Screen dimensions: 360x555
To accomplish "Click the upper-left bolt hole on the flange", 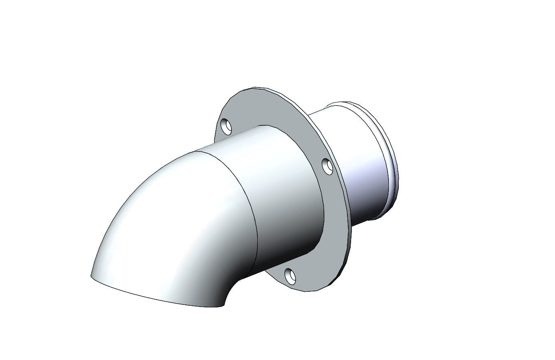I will click(226, 126).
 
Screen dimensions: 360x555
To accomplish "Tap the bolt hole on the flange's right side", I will click(328, 166).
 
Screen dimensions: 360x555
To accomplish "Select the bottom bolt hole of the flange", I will click(290, 276).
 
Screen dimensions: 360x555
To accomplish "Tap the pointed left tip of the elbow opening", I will click(91, 276).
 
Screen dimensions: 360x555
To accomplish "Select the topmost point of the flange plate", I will click(255, 88).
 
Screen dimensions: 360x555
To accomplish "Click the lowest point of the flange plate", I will click(306, 291).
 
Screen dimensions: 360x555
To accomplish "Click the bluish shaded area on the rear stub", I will click(362, 177).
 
